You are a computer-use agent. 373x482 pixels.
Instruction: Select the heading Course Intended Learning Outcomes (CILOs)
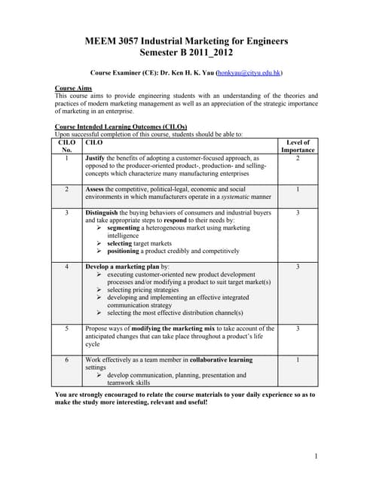[x=121, y=126]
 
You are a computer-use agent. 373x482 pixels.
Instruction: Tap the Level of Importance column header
[x=298, y=146]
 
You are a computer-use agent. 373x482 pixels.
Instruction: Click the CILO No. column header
[x=67, y=146]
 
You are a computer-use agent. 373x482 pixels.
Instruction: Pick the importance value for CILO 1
[x=298, y=159]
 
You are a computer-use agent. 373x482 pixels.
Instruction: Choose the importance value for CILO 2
[x=298, y=189]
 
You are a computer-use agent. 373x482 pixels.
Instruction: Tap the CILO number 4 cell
[x=67, y=267]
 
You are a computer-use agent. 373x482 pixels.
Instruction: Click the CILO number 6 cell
[x=67, y=360]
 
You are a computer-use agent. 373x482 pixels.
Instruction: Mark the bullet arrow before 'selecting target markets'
[x=99, y=243]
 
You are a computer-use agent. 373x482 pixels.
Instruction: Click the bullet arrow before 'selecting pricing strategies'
[x=99, y=290]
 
